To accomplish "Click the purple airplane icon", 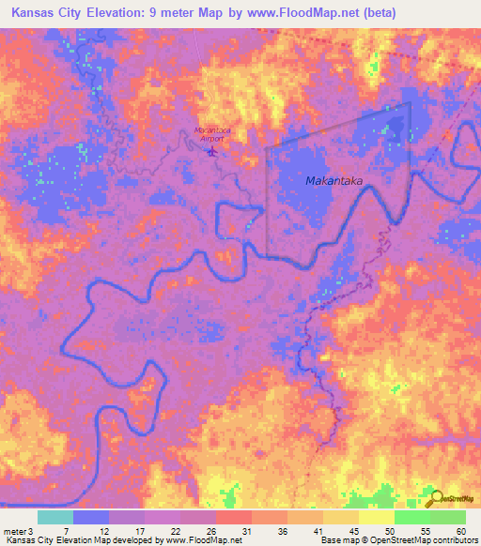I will point(211,148).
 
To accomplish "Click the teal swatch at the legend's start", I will point(55,517).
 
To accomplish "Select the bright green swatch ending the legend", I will point(447,517).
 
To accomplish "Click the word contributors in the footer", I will point(454,540).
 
